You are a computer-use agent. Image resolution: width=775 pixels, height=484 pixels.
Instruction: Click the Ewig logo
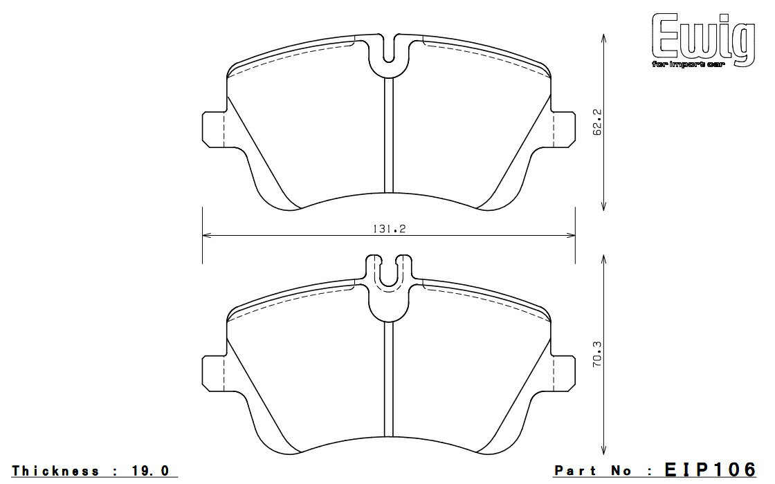pyautogui.click(x=703, y=39)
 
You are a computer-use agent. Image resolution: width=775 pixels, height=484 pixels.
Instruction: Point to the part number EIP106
pyautogui.click(x=710, y=469)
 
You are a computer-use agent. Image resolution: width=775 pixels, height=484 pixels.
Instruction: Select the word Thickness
pyautogui.click(x=55, y=471)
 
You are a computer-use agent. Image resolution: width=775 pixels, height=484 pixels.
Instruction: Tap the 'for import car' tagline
pyautogui.click(x=688, y=65)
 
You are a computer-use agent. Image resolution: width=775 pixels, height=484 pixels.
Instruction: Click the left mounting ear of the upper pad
pyautogui.click(x=214, y=129)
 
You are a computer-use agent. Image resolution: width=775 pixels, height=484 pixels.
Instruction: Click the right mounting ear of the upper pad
pyautogui.click(x=564, y=129)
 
